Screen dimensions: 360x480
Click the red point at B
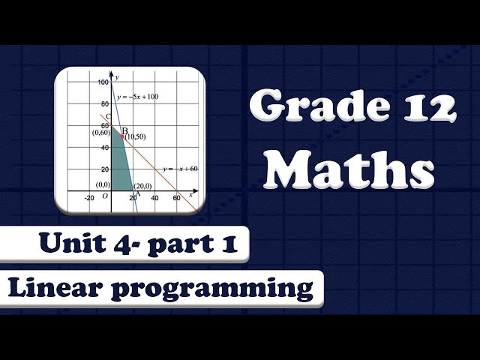[x=122, y=136]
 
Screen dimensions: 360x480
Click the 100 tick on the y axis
[x=102, y=82]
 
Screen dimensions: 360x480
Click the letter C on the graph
[x=109, y=118]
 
